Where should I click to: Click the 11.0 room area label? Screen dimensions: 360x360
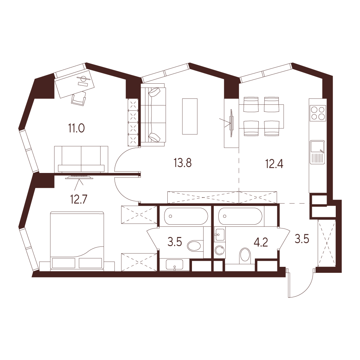[76, 128]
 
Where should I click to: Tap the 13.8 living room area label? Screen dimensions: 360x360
[183, 163]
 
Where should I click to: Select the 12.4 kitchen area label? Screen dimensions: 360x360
[274, 164]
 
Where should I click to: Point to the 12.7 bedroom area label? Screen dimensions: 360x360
[79, 199]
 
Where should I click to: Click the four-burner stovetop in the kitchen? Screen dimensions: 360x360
[318, 113]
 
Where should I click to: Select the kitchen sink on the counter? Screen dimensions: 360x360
[317, 152]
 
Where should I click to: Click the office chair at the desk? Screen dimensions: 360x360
[79, 99]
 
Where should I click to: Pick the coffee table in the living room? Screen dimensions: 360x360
[190, 116]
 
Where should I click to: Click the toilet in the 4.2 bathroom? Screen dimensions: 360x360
[245, 256]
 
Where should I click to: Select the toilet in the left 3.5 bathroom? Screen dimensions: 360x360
[195, 246]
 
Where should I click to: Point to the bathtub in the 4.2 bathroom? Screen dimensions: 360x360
[240, 216]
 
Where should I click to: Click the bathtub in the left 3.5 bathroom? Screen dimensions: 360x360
[186, 216]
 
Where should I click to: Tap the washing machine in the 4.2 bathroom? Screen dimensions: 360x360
[220, 250]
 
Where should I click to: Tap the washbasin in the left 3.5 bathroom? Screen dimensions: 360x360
[174, 265]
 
